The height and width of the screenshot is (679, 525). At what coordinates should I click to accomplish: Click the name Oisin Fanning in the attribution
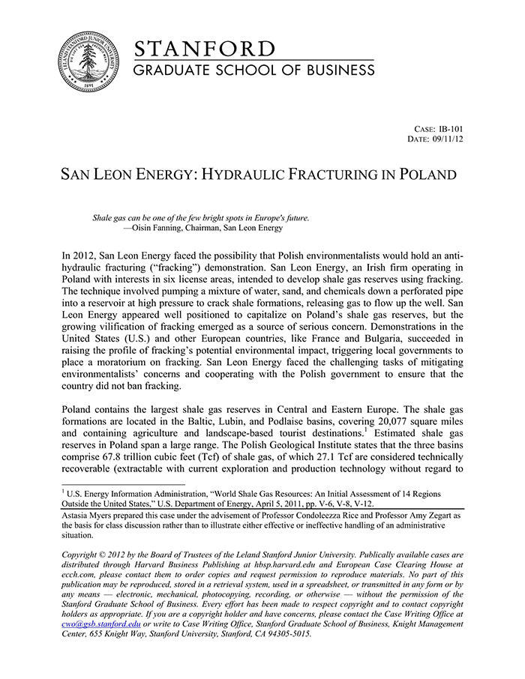pyautogui.click(x=159, y=228)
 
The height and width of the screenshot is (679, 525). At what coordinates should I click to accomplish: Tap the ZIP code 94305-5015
pyautogui.click(x=284, y=633)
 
